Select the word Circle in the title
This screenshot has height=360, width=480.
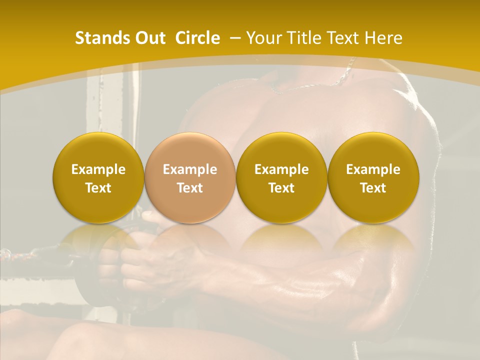197,38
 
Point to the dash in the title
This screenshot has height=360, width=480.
233,38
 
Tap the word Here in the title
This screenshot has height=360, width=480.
383,38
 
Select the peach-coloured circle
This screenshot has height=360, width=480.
190,178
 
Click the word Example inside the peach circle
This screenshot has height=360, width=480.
190,169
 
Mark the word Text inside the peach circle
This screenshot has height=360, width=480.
190,188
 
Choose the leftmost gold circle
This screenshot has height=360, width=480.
98,178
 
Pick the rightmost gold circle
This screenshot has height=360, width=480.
373,178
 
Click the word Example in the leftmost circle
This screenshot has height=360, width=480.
98,169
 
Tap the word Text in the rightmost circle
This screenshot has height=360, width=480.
373,188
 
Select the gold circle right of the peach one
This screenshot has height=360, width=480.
281,178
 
